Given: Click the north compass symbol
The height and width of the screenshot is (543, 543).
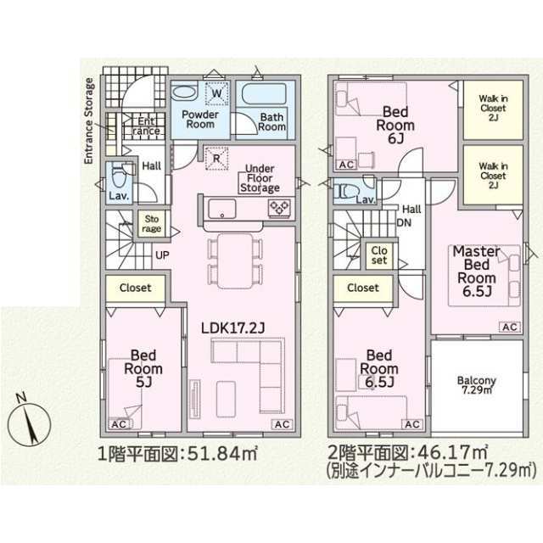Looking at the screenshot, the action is (x=30, y=422).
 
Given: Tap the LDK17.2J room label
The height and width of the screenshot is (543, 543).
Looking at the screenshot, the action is (x=233, y=328).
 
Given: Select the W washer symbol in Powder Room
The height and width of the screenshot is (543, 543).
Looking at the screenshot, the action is (x=217, y=93).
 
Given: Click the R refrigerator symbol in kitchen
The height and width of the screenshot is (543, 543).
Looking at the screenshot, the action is (x=216, y=159).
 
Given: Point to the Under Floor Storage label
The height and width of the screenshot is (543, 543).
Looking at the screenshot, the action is (x=260, y=178).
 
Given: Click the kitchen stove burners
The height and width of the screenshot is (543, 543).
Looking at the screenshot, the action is (x=279, y=208).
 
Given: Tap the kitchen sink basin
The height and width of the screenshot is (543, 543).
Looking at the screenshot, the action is (x=221, y=209).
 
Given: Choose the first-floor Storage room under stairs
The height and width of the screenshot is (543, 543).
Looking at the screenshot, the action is (x=152, y=224).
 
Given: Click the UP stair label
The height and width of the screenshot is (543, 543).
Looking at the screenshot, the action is (x=162, y=255).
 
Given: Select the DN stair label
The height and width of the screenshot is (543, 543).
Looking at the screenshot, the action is (x=404, y=222).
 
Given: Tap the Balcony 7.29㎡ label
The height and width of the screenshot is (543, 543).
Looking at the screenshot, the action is (x=477, y=385).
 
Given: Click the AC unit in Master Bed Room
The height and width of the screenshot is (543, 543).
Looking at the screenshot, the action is (x=510, y=327).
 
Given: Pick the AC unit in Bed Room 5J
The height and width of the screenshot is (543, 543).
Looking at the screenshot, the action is (x=119, y=424).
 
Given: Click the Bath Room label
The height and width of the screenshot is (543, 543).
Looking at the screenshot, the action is (x=271, y=122).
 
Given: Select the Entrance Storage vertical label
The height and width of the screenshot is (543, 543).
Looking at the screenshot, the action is (x=89, y=121).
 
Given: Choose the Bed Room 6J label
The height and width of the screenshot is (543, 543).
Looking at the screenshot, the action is (x=395, y=125).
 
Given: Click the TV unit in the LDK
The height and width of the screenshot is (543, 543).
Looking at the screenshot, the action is (x=195, y=399).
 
